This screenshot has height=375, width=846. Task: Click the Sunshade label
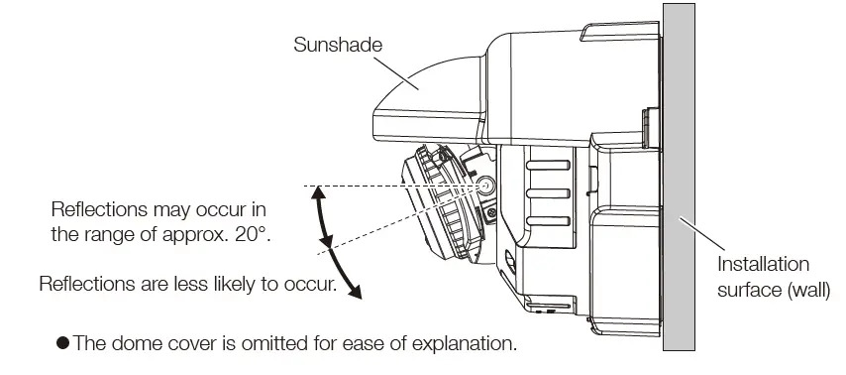[337, 45]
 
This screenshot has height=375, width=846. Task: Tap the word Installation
[763, 265]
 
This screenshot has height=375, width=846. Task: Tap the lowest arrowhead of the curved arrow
[358, 293]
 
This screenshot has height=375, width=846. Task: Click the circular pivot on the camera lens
[487, 186]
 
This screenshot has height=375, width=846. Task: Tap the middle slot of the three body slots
[547, 192]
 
